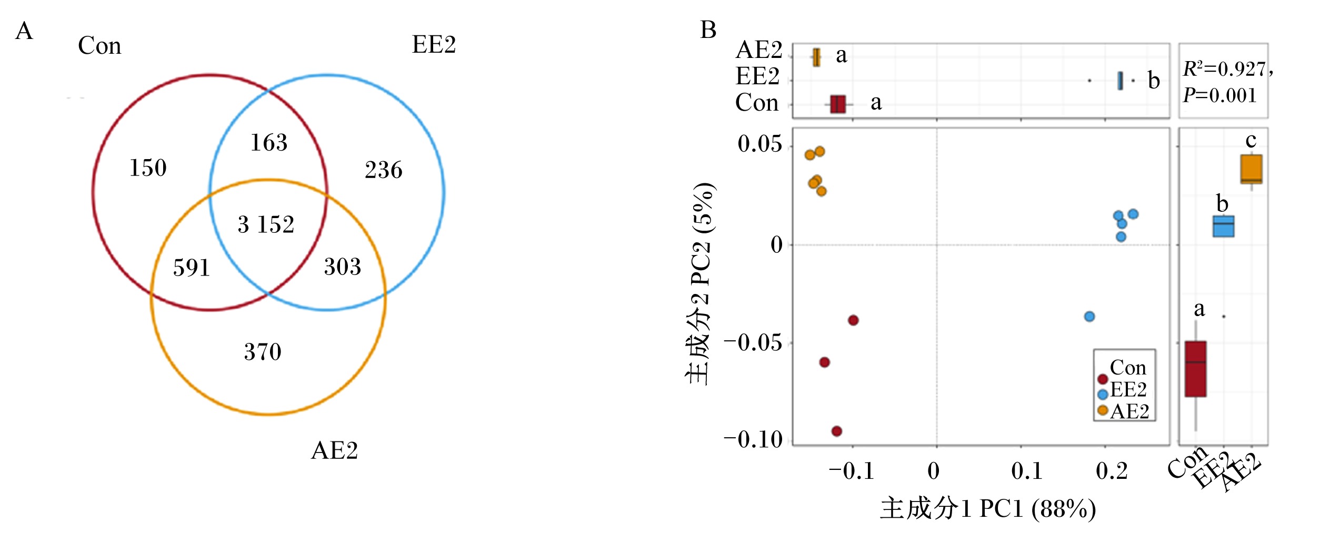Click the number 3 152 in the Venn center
click(x=266, y=225)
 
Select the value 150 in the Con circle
click(x=148, y=168)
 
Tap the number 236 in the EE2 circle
click(x=384, y=170)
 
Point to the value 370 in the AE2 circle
click(x=263, y=352)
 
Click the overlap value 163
click(x=269, y=143)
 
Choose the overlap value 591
click(x=192, y=268)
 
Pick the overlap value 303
click(x=343, y=267)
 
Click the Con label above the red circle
click(x=99, y=46)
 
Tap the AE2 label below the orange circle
click(x=335, y=450)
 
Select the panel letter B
click(x=708, y=30)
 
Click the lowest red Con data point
click(x=836, y=431)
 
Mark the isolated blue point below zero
click(x=1089, y=317)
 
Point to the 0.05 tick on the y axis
click(x=759, y=144)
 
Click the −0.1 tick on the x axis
click(x=852, y=471)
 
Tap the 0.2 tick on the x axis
click(x=1112, y=471)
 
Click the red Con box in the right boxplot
click(x=1196, y=369)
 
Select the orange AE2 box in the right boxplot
click(x=1251, y=169)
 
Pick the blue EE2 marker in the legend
click(x=1103, y=395)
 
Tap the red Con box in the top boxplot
click(x=838, y=104)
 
